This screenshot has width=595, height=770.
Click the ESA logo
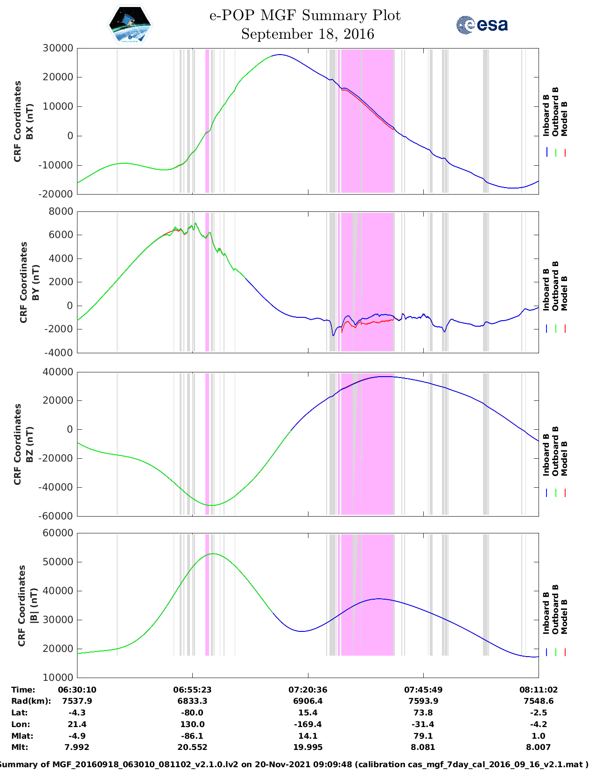482,25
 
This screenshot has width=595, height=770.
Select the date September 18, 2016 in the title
308,34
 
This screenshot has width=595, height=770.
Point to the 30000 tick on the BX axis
58,48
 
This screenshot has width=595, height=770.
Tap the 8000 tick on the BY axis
61,211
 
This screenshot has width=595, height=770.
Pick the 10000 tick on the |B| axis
58,677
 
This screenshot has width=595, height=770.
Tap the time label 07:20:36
308,690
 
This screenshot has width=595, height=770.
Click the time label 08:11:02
538,690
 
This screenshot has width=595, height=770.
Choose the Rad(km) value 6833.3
192,701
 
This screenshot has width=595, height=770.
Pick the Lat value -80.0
192,713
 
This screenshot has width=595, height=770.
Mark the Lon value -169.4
308,724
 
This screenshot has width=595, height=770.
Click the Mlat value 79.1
423,736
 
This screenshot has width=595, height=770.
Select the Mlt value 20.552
192,747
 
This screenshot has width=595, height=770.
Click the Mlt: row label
20,747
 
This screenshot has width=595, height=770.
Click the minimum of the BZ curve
211,505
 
